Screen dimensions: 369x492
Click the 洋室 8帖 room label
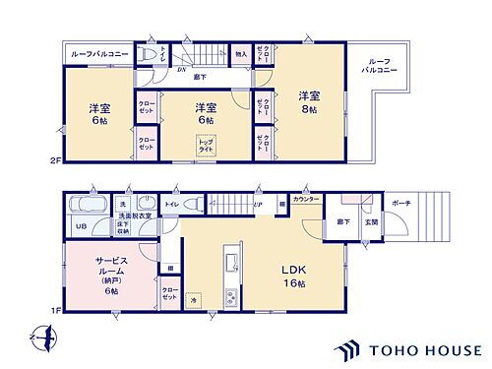308,102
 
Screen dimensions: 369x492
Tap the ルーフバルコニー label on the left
97,55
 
